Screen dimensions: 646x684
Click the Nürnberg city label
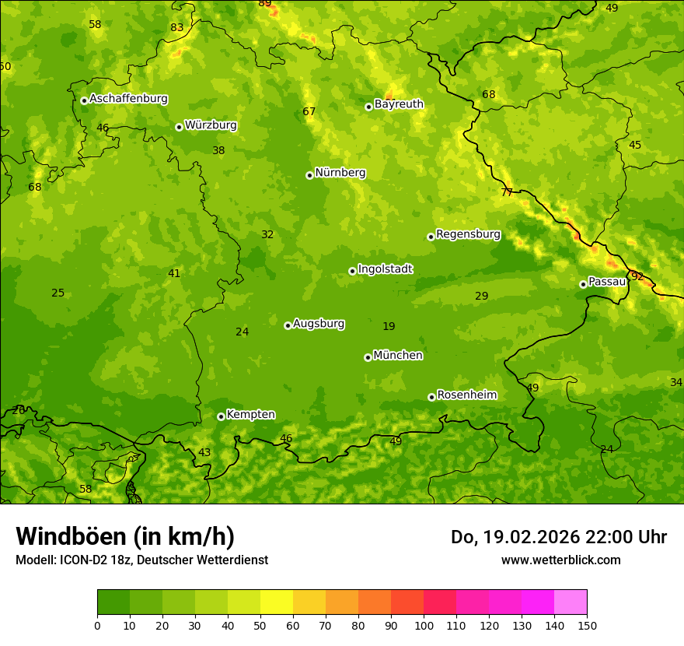[340, 173]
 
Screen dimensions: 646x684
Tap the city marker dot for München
[368, 357]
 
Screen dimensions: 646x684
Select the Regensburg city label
[468, 234]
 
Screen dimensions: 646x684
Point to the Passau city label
[607, 282]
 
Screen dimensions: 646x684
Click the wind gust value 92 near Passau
[637, 276]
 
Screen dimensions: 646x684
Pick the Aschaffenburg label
[128, 99]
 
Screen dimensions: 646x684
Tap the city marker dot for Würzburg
[179, 127]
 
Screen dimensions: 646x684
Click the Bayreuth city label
[399, 104]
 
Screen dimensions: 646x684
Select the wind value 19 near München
[389, 327]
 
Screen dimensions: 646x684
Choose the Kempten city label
[250, 415]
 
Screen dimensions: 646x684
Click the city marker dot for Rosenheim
[431, 397]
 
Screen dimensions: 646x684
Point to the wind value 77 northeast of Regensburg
[507, 192]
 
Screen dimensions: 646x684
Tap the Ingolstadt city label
[385, 269]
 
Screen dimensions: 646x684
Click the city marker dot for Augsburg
[288, 325]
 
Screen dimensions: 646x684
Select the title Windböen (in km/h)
[125, 536]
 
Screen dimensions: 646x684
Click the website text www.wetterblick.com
[560, 560]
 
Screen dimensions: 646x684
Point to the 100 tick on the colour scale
[424, 625]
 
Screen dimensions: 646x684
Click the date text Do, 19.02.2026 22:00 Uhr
[558, 537]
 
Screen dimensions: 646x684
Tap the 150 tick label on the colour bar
[587, 625]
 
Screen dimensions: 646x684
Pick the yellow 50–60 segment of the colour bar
[277, 602]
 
